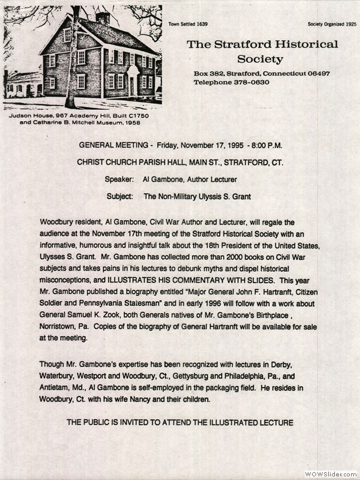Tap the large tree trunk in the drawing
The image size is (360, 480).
72,66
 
